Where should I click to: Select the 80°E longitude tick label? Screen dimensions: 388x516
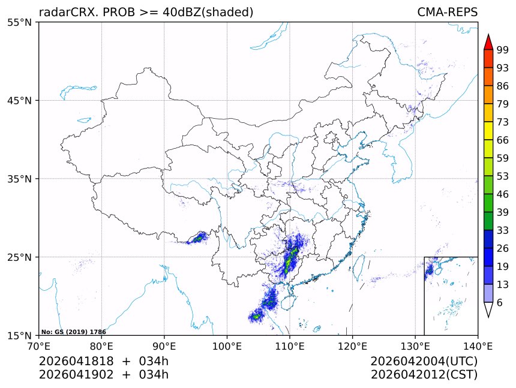[x=101, y=345]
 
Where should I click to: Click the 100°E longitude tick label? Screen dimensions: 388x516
[x=227, y=345]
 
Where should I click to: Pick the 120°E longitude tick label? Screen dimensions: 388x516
[x=352, y=345]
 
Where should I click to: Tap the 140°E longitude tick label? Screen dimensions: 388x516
[x=478, y=345]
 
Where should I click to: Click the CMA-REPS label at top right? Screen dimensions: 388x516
[x=447, y=12]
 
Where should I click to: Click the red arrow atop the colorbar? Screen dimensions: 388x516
[x=488, y=42]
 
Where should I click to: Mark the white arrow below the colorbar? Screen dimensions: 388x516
[x=488, y=309]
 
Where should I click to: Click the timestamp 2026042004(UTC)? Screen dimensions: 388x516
[x=424, y=362]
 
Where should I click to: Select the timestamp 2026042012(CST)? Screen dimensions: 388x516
[x=424, y=375]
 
